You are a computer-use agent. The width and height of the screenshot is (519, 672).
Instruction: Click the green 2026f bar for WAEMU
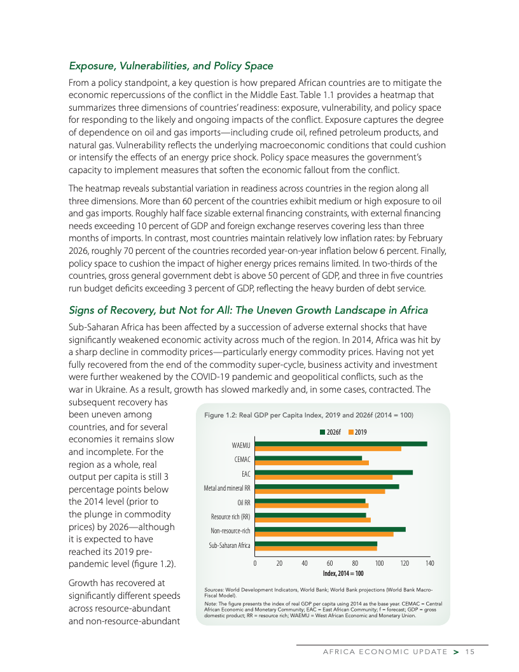click(x=341, y=444)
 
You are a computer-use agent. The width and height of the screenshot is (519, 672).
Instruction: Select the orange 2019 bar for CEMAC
click(x=312, y=463)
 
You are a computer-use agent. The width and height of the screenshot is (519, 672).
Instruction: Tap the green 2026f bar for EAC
click(x=334, y=472)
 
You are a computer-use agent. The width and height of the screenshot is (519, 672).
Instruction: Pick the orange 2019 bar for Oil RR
click(x=312, y=506)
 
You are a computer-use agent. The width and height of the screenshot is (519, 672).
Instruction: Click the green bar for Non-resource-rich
click(x=330, y=529)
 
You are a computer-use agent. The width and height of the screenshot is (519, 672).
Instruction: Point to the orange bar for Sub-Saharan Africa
click(x=316, y=548)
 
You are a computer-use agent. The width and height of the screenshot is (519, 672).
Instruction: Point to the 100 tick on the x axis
click(x=379, y=563)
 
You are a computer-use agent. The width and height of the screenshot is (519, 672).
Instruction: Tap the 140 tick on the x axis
click(x=429, y=563)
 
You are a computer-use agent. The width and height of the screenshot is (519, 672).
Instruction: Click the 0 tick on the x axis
click(x=255, y=563)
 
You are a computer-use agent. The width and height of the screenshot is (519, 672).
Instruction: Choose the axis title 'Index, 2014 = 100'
click(x=343, y=573)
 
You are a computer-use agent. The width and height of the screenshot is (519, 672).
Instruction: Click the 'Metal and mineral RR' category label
click(x=227, y=488)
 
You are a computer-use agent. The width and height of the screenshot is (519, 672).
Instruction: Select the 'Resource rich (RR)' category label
click(x=231, y=517)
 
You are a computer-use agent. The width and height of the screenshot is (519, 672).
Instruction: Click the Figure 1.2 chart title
click(x=309, y=415)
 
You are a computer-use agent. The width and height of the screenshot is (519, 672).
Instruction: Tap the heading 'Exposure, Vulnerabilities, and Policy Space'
click(x=171, y=66)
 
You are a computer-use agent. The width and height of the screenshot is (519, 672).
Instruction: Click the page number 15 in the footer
click(x=470, y=650)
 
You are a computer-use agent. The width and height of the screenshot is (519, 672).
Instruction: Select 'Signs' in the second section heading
click(x=83, y=310)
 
